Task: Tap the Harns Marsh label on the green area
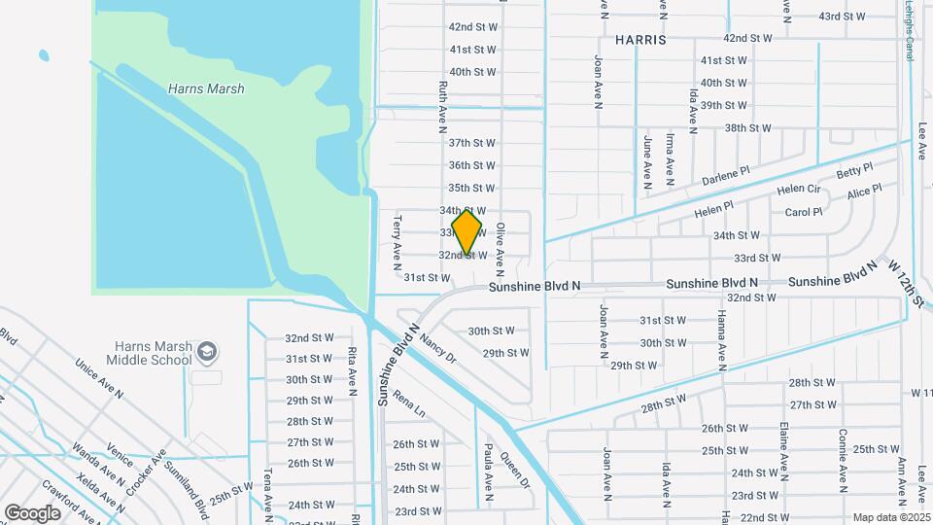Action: [x=206, y=89]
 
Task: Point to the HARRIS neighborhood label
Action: [x=640, y=41]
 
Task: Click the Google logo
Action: [x=32, y=512]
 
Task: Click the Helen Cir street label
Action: [x=799, y=190]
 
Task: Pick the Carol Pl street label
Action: [x=804, y=212]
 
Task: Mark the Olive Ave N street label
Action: [x=501, y=245]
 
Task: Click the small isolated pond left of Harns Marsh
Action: [x=43, y=55]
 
